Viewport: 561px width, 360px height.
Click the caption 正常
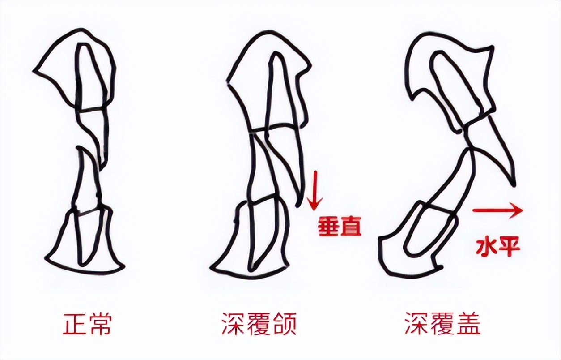[87, 324]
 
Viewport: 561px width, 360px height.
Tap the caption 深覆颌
[259, 324]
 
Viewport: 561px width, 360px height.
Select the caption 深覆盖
[443, 324]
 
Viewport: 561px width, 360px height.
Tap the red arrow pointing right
[497, 210]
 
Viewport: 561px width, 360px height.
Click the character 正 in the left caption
[74, 324]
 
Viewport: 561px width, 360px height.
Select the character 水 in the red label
[486, 248]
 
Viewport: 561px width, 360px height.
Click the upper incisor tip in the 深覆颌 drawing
[297, 206]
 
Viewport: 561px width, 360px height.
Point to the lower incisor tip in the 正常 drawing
[80, 149]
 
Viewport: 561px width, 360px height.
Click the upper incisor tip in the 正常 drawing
[101, 169]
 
